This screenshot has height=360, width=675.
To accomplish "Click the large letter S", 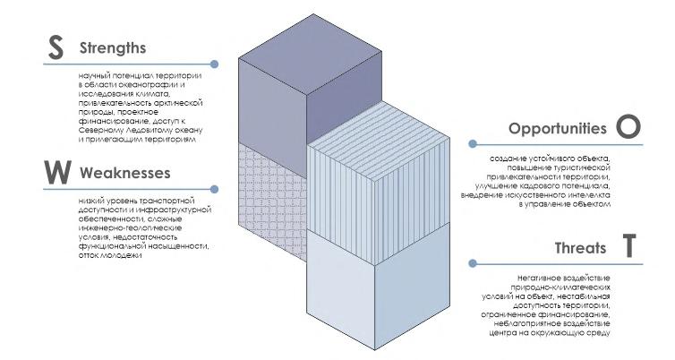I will pos(56,49).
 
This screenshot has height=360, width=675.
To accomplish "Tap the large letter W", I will pos(56,172).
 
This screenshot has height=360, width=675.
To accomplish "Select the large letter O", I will pos(629,128).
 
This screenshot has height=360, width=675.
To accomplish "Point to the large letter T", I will pos(630,247).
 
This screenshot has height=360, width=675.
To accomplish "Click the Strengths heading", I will pos(112,47).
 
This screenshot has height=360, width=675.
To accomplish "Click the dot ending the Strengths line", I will pos(215,64).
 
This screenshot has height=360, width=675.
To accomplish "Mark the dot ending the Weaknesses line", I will pos(215,188).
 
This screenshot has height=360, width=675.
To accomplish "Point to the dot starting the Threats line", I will pos(472,263).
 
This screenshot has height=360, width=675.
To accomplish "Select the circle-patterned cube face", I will pos(271,206).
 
